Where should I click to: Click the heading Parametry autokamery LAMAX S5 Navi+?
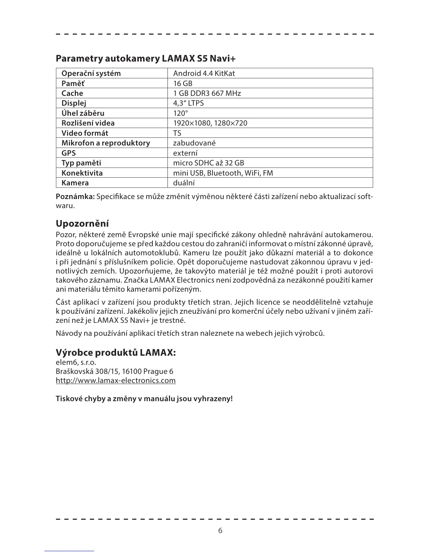click(146, 58)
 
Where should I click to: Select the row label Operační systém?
click(91, 73)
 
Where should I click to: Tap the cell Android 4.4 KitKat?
click(204, 73)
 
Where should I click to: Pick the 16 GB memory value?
click(183, 83)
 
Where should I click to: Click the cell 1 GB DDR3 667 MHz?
click(207, 93)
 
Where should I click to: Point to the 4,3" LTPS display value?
click(188, 103)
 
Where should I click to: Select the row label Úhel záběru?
click(83, 113)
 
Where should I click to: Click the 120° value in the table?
click(180, 113)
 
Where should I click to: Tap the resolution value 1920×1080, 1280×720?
click(210, 123)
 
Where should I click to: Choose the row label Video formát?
click(85, 133)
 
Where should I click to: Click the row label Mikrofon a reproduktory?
click(106, 143)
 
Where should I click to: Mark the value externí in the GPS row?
click(185, 153)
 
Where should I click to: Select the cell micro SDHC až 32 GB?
click(209, 163)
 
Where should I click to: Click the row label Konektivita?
click(82, 173)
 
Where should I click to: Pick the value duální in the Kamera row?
click(184, 183)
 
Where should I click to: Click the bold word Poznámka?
click(75, 197)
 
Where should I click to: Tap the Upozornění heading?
click(82, 223)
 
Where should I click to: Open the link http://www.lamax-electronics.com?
click(116, 381)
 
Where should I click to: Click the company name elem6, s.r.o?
click(76, 362)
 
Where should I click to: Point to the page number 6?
click(220, 531)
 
